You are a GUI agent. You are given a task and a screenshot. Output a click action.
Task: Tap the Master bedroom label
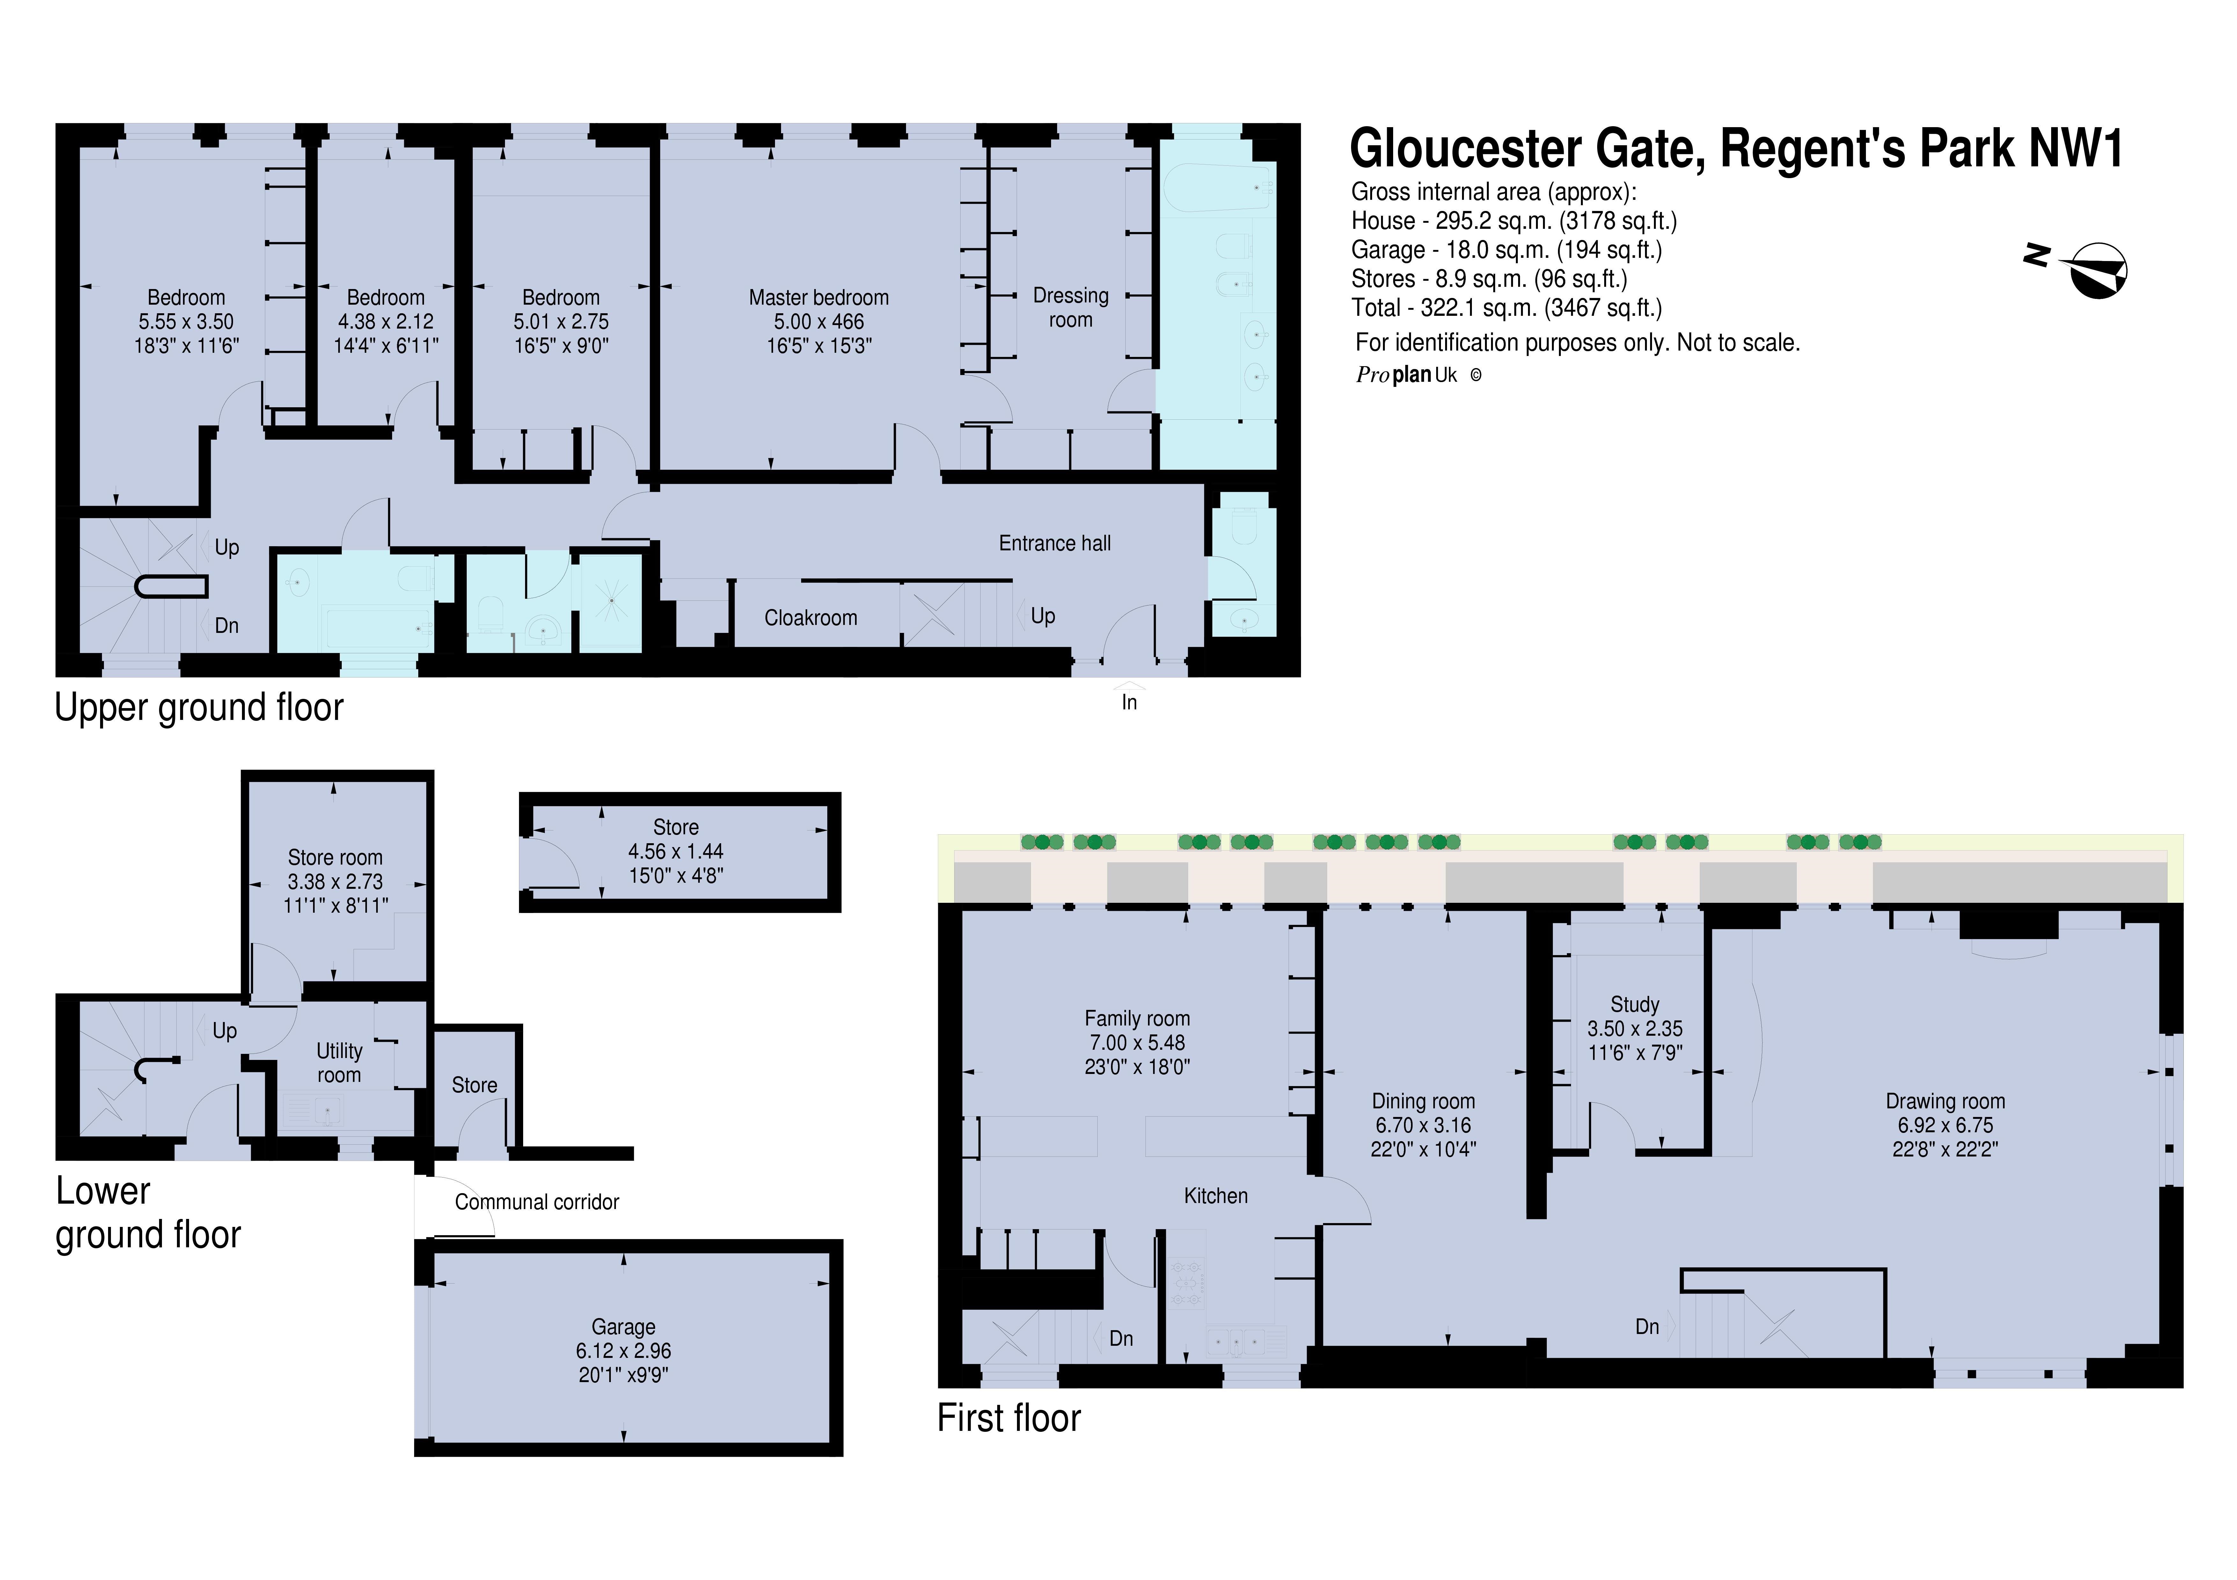(818, 297)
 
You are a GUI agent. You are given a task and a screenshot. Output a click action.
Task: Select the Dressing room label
(1070, 307)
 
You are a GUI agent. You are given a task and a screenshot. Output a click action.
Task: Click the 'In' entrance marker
(1128, 701)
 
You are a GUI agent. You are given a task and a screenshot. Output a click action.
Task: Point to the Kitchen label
(1215, 1195)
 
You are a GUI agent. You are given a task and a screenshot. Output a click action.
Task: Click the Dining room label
(1422, 1101)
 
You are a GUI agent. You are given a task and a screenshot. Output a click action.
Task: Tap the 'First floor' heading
(1008, 1418)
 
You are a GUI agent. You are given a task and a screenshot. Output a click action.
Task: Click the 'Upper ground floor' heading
(199, 707)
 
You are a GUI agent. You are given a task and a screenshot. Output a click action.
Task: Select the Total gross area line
(1505, 308)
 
